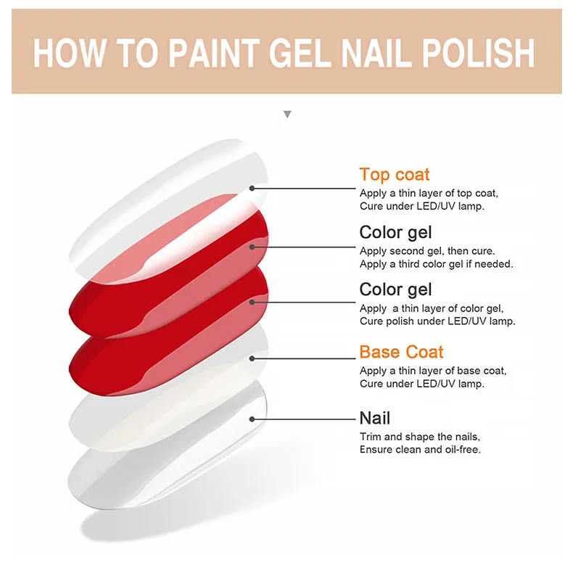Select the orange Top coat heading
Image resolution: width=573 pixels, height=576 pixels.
pyautogui.click(x=395, y=174)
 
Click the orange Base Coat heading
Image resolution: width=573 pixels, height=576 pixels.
pyautogui.click(x=401, y=352)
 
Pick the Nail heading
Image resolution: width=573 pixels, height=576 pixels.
pyautogui.click(x=375, y=418)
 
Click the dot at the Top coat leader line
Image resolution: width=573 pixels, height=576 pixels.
pyautogui.click(x=252, y=188)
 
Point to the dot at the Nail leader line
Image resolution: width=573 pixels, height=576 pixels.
pyautogui.click(x=252, y=419)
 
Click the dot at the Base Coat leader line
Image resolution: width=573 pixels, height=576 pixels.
pyautogui.click(x=252, y=358)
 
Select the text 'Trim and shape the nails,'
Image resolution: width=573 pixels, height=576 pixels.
pyautogui.click(x=420, y=437)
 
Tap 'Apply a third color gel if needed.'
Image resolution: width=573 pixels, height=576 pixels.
pyautogui.click(x=436, y=264)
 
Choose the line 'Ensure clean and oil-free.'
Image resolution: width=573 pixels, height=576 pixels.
pyautogui.click(x=420, y=450)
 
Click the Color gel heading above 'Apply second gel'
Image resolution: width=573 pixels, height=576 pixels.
pyautogui.click(x=395, y=232)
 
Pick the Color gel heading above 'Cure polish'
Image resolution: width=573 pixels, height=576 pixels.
pyautogui.click(x=395, y=289)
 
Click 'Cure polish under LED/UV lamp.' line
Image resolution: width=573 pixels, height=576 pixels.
pyautogui.click(x=437, y=321)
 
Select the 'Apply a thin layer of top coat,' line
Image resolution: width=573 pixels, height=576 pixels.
pyautogui.click(x=429, y=193)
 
